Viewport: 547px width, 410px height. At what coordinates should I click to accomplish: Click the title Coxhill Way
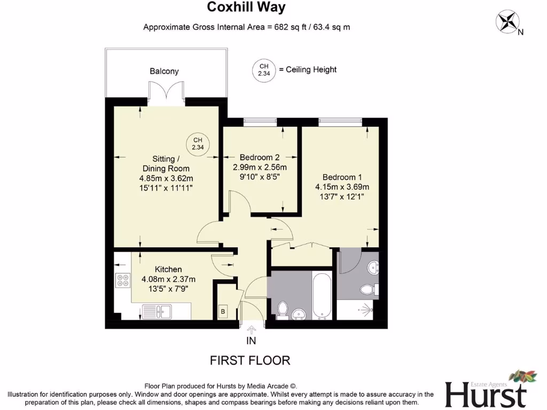point(246,7)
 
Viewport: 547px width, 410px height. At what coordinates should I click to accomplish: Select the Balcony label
point(164,71)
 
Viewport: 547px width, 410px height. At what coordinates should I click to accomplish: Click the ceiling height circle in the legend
point(263,70)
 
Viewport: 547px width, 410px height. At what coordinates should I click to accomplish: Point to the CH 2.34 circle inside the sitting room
point(198,143)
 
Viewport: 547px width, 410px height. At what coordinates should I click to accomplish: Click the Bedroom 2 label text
point(260,157)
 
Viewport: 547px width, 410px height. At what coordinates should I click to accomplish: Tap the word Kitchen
point(168,269)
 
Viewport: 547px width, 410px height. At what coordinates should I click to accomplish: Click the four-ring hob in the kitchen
point(123,281)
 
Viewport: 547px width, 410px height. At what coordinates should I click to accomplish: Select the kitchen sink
point(160,310)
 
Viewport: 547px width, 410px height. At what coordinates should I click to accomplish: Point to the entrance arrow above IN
point(252,329)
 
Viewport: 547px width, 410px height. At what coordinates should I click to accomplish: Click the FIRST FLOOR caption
point(251,360)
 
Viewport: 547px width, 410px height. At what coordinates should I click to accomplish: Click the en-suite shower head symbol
point(367,308)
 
